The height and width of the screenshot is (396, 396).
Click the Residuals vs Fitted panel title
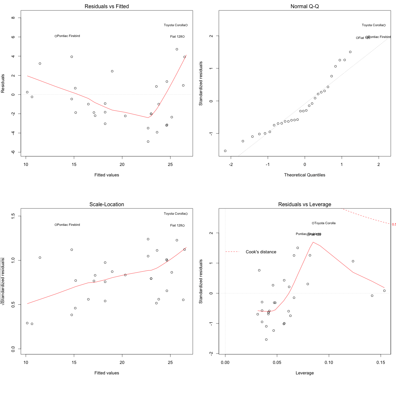tap(107, 7)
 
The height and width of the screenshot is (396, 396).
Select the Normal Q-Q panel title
tap(304, 7)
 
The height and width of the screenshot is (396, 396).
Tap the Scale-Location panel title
tap(107, 205)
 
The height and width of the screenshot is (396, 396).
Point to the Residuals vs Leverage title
tap(304, 205)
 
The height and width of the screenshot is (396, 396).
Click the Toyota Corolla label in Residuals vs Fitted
tap(174, 25)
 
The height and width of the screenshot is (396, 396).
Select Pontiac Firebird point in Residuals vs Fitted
tap(56, 36)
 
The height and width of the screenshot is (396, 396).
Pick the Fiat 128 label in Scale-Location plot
tap(176, 225)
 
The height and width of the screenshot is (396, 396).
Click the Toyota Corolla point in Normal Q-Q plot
tap(384, 25)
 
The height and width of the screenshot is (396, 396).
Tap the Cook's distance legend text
tap(261, 252)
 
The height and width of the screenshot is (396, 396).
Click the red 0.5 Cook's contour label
tap(394, 225)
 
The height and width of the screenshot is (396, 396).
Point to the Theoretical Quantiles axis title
tap(304, 175)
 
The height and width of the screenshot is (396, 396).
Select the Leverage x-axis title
tap(304, 373)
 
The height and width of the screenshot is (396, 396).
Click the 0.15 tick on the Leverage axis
tap(381, 362)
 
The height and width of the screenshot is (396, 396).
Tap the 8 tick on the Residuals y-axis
tap(13, 18)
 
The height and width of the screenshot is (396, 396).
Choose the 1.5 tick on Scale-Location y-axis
tap(13, 216)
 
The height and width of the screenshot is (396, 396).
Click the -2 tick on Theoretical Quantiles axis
tap(231, 164)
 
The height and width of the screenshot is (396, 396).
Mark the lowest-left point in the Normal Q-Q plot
tap(225, 151)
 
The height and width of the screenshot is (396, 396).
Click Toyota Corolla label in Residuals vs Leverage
tap(325, 223)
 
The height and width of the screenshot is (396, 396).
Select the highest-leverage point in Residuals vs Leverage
tap(384, 291)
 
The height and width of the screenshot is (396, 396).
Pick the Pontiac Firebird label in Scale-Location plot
tap(68, 225)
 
